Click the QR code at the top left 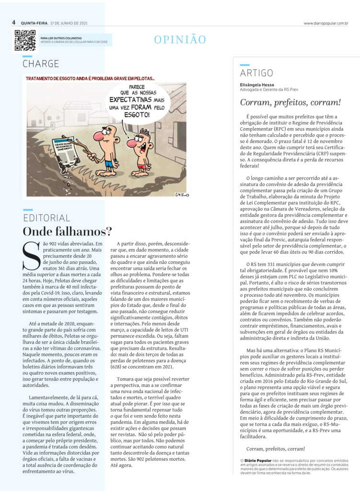[25, 40]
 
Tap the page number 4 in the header [14, 23]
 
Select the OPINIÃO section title [180, 40]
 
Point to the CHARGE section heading [41, 64]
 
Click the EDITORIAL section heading [46, 218]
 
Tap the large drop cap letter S [32, 256]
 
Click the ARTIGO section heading [256, 73]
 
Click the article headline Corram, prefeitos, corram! [290, 102]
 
